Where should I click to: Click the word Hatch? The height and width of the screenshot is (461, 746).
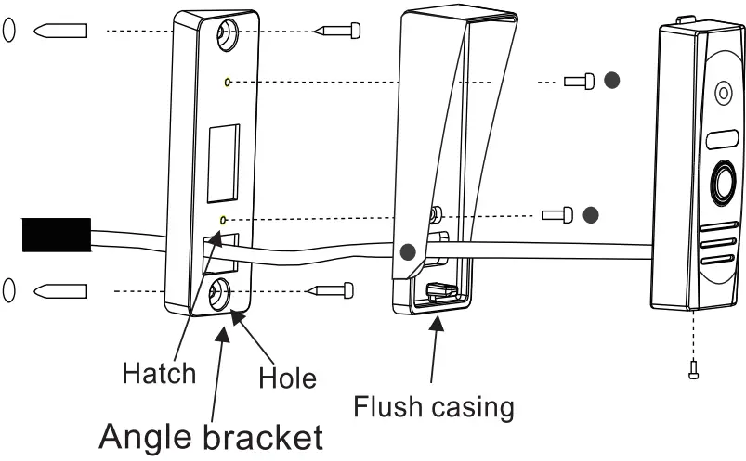pos(159,373)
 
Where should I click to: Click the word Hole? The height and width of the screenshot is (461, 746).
pos(287,378)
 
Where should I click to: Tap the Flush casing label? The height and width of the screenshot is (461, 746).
pos(433,406)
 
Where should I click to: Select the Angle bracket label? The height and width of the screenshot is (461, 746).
pos(211,436)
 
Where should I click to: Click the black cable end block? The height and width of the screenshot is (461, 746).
pos(55,235)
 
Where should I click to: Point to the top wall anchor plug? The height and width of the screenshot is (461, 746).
pos(60,31)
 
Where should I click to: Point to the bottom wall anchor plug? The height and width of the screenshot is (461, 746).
pos(60,290)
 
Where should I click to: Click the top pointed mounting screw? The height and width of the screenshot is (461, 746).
pos(335,31)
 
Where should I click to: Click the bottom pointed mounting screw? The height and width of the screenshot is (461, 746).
pos(330,290)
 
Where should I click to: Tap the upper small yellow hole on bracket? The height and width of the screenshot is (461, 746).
pos(228,82)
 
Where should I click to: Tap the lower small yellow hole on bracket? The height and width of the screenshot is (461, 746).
pos(222,219)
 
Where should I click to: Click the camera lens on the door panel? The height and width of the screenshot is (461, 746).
pos(723,94)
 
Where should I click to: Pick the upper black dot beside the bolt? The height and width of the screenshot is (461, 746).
pos(611,81)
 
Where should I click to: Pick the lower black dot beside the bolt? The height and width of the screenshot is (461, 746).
pos(589,215)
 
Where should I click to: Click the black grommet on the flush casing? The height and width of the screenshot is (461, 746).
pos(406,250)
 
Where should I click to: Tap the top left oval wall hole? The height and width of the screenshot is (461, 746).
pos(8,30)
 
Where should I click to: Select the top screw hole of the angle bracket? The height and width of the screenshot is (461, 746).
pos(226,35)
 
